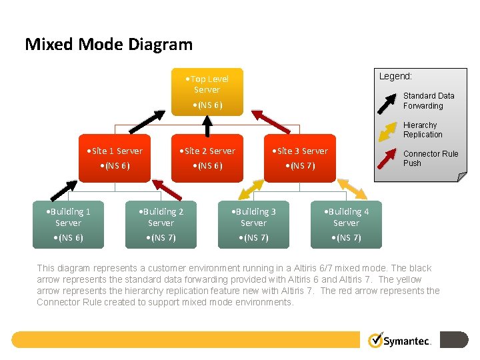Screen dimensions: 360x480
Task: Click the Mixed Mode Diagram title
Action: (109, 45)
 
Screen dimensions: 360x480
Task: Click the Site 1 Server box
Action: (114, 158)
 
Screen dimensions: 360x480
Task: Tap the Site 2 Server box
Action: (207, 158)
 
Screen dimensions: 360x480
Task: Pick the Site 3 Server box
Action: (299, 158)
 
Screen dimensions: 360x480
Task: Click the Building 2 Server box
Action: (161, 224)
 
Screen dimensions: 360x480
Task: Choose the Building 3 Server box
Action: (253, 224)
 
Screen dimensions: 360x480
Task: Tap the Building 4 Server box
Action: (346, 224)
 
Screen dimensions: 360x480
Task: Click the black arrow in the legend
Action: (387, 101)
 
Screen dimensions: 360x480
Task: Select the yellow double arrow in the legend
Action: (387, 130)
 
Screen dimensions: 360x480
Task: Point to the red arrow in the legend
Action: (387, 159)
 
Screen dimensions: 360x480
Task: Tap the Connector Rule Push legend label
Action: (430, 159)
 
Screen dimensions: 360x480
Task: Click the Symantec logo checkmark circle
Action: (376, 340)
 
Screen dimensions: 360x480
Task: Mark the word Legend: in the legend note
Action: (395, 77)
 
